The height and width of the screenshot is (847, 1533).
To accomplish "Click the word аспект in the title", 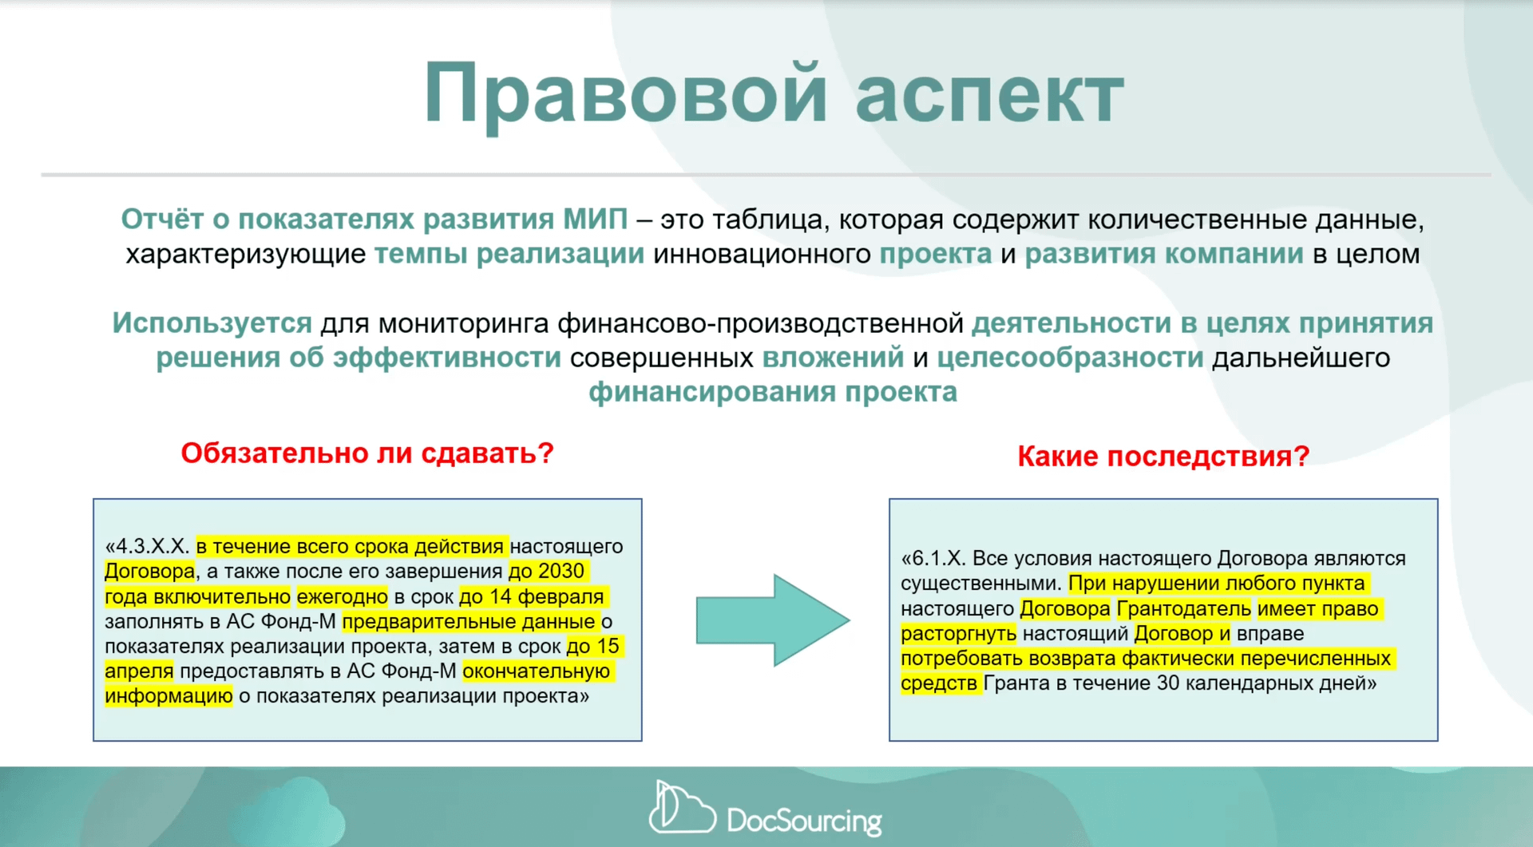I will tap(989, 95).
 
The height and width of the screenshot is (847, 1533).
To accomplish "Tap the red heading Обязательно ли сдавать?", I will tap(366, 453).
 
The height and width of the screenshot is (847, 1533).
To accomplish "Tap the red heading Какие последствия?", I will tap(1163, 457).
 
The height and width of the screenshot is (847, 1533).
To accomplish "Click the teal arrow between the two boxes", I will tap(771, 619).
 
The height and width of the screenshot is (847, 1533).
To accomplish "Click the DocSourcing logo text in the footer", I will tap(803, 820).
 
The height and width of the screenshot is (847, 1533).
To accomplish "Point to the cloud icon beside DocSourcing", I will tap(680, 809).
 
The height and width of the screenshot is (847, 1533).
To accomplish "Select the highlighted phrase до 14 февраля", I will tap(533, 596).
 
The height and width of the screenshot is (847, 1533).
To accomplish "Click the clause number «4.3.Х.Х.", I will tap(148, 547).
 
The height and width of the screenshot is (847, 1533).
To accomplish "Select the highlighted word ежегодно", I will tap(342, 596).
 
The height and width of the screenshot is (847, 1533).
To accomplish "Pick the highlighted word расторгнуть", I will tap(958, 634).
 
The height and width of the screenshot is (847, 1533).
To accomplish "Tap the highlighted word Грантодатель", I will tap(1183, 609).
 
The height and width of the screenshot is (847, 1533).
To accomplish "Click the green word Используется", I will tap(212, 323).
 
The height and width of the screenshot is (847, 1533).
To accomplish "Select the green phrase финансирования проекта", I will tap(772, 392).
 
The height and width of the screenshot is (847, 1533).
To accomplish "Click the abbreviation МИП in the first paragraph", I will tap(595, 220).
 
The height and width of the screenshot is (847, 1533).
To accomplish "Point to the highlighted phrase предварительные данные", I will tap(469, 621).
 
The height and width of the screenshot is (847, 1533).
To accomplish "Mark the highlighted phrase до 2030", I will tap(547, 572).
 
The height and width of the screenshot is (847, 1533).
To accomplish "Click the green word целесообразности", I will tap(1070, 358).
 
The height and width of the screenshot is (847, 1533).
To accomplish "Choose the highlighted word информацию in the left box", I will tap(168, 696).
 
